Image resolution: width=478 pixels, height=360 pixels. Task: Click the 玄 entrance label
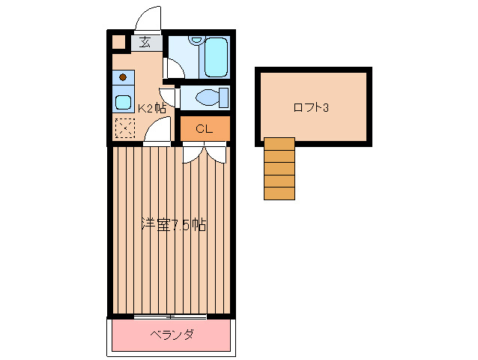(x=145, y=43)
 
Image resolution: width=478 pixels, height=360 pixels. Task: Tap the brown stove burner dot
(x=123, y=77)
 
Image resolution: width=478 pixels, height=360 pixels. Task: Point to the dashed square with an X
(x=124, y=129)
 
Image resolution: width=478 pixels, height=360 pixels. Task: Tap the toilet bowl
(x=209, y=97)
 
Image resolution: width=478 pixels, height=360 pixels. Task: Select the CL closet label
(x=204, y=129)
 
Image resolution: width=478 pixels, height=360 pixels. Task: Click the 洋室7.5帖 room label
(x=174, y=224)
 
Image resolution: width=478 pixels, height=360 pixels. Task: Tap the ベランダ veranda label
(x=172, y=334)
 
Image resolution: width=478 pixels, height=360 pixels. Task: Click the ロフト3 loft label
(x=312, y=107)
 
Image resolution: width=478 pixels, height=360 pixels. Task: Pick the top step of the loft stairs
(x=279, y=144)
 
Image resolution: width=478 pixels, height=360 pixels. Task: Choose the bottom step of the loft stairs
(x=279, y=193)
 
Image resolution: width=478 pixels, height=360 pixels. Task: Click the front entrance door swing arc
(x=148, y=18)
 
